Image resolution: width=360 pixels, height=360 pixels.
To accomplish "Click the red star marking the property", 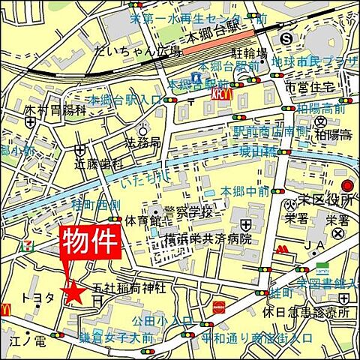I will pos(74,293).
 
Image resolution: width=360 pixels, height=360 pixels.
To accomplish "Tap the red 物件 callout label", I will pos(90,244).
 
